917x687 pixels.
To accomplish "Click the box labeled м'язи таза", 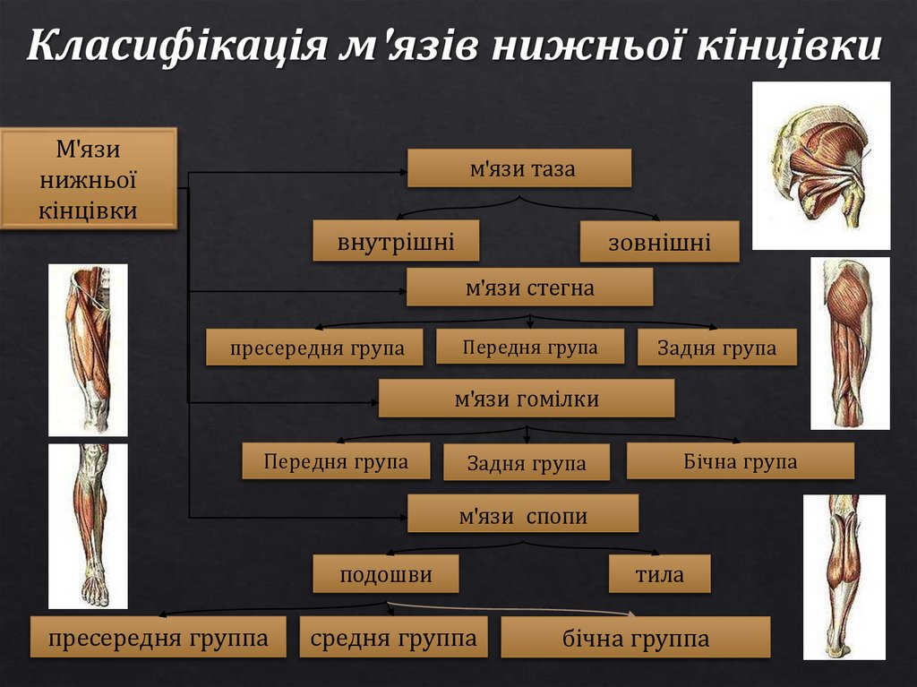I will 519,168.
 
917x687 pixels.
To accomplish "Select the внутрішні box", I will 396,242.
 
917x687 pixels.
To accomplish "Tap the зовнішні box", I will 659,242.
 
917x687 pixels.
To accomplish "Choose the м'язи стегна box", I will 529,288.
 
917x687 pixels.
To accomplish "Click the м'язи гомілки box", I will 527,399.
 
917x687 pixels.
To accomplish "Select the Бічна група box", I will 740,462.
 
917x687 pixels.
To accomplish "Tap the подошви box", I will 386,574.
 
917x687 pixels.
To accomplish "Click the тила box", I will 659,574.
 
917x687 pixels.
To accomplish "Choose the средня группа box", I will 393,639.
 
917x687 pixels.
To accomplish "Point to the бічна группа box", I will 635,639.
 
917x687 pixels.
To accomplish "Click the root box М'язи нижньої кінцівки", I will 89,178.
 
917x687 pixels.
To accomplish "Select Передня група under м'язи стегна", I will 530,347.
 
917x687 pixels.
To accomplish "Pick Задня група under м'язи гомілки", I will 527,463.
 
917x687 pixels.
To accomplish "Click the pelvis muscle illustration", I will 820,166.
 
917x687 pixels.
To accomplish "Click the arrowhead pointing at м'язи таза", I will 402,168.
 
